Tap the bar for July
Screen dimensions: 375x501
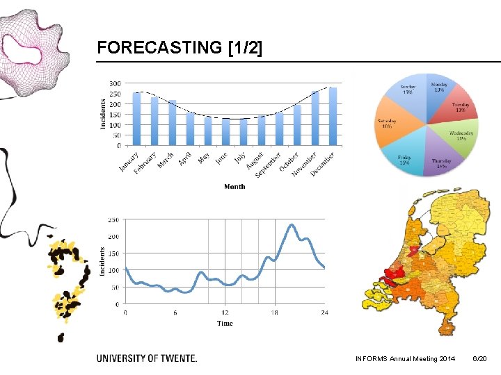(244, 132)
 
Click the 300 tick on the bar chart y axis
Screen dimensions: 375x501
(114, 83)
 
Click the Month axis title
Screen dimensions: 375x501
(234, 186)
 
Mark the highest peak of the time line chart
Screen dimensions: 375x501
(292, 225)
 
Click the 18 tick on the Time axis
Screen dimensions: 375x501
(275, 312)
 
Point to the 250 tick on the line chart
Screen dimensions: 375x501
(112, 219)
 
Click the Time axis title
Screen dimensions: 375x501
(225, 324)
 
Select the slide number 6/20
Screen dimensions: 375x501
(479, 358)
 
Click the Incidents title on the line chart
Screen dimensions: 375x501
(102, 262)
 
